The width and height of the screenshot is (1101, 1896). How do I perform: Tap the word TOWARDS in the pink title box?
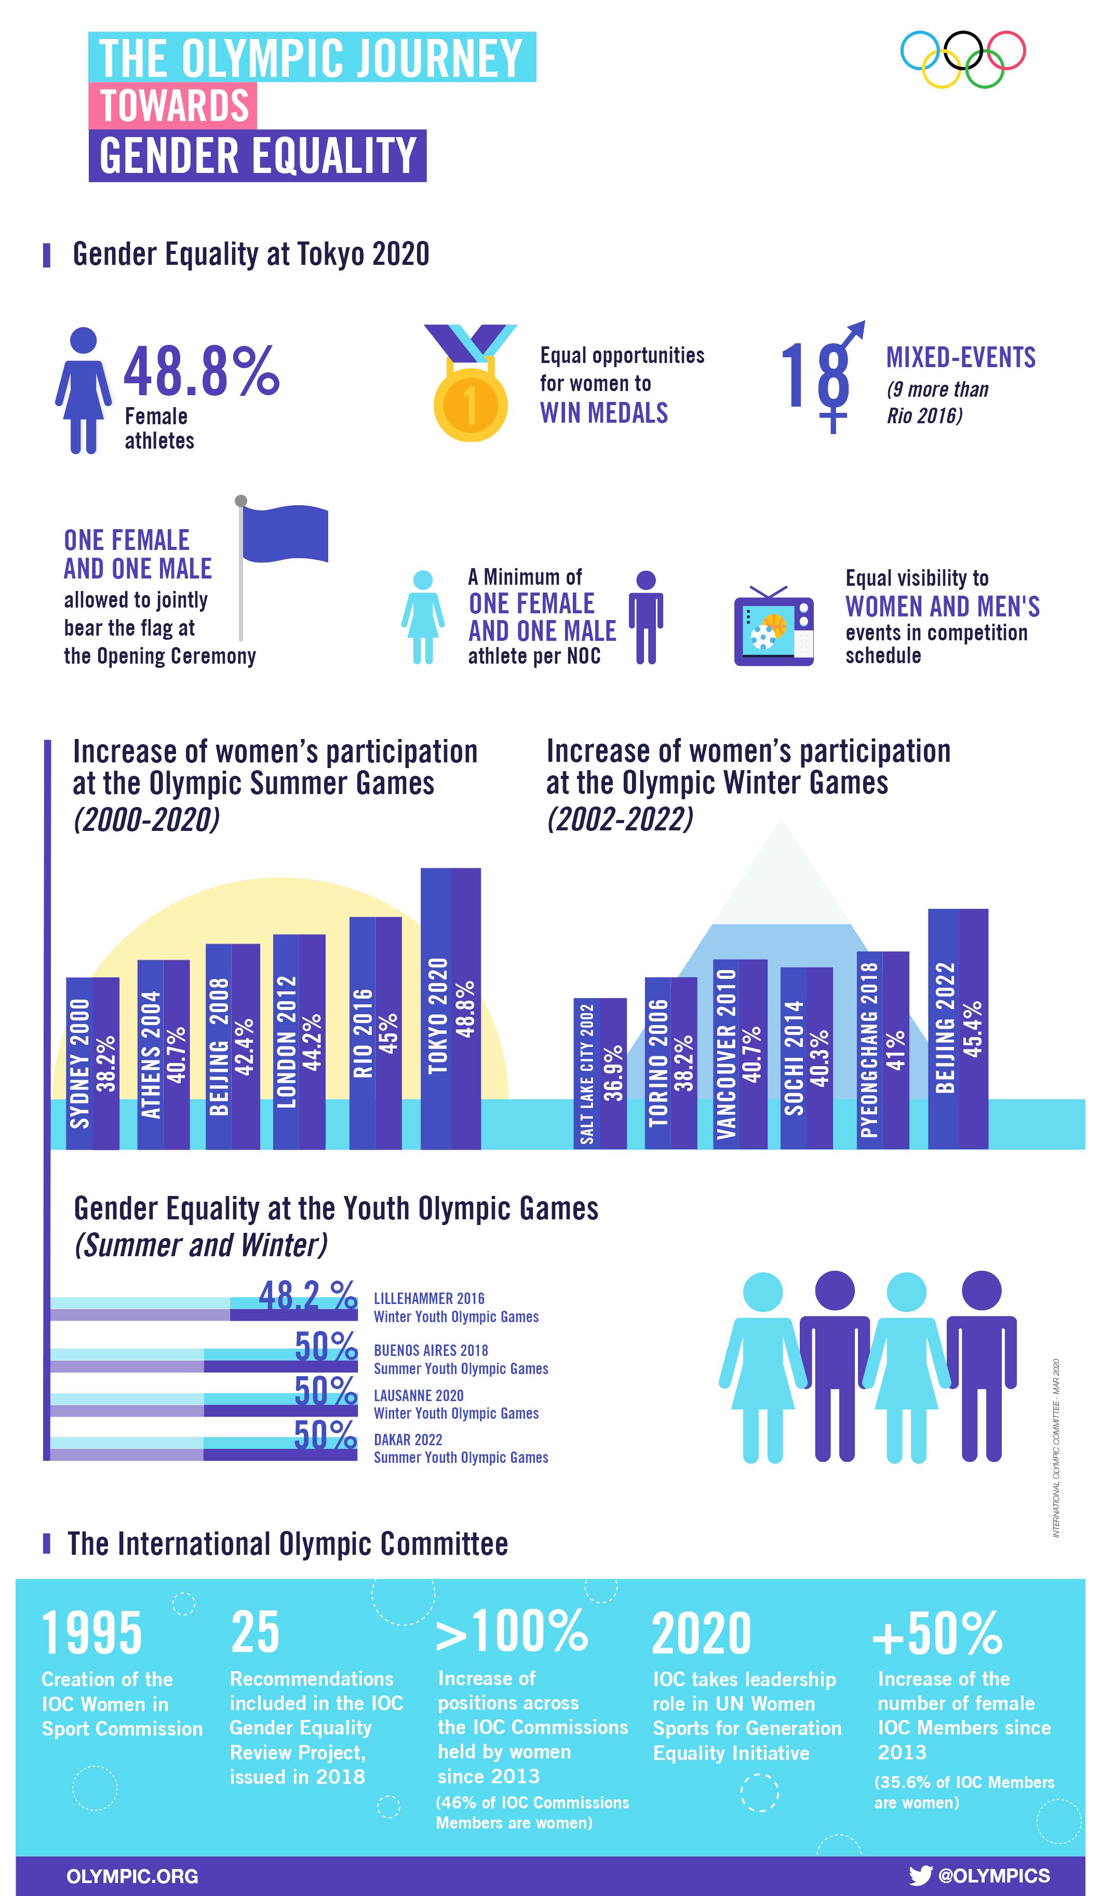pyautogui.click(x=174, y=105)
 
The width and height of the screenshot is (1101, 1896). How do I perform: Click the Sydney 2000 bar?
pyautogui.click(x=92, y=1063)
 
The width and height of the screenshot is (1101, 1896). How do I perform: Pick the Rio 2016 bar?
pyautogui.click(x=375, y=1033)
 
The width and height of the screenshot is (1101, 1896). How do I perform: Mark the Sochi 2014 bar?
pyautogui.click(x=806, y=1058)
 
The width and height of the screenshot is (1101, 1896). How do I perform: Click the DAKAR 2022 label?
pyautogui.click(x=408, y=1440)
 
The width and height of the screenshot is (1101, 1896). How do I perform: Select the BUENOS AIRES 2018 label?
pyautogui.click(x=431, y=1351)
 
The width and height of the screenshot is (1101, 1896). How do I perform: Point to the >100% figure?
pyautogui.click(x=512, y=1632)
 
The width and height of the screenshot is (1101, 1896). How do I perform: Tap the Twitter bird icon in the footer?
pyautogui.click(x=920, y=1876)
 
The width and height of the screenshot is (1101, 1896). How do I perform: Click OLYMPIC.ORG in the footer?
pyautogui.click(x=132, y=1876)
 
